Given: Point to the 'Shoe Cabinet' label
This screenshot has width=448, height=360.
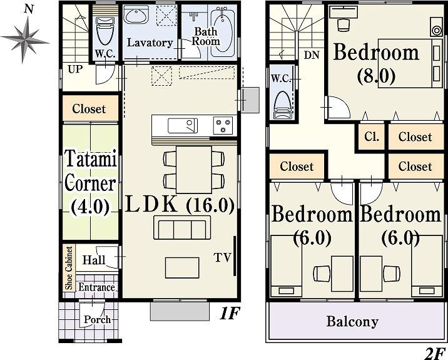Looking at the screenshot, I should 69,267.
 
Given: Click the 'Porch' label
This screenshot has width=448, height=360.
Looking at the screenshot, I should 97,319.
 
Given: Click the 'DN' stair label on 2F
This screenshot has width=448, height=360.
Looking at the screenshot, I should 311,55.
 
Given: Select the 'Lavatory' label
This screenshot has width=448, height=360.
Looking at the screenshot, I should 150,43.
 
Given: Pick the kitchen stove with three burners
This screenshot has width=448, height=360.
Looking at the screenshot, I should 222,125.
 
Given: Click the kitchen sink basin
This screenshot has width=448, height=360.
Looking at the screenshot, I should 181,125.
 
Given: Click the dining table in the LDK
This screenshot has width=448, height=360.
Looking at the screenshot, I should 193,169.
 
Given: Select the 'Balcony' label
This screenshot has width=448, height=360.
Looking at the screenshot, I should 352,322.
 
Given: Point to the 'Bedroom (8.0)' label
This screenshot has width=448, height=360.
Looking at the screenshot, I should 375,64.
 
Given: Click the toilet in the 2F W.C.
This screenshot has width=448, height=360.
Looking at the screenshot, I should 283,104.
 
